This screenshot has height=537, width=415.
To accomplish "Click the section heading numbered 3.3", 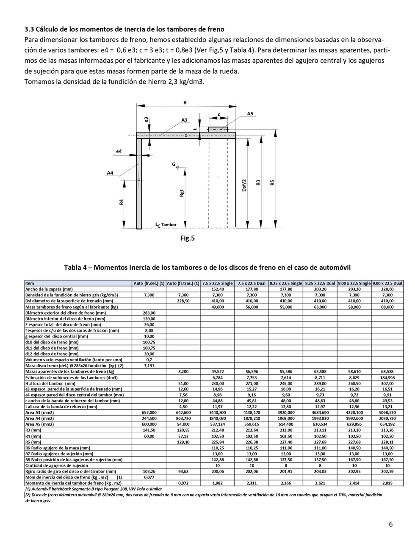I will [x=124, y=29].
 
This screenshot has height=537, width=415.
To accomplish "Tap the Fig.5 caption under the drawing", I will [x=187, y=238].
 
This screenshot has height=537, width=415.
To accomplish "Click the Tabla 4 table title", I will [x=207, y=267].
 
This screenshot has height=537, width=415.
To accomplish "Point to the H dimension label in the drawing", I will [x=185, y=102].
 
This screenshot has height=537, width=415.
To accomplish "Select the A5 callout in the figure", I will [x=250, y=113].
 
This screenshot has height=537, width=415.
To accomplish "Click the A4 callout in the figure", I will [x=110, y=173].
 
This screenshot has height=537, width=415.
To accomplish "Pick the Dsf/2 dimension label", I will [x=244, y=185].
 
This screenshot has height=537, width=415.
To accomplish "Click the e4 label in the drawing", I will [x=119, y=151].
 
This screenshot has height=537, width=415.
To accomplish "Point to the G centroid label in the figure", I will [x=173, y=164].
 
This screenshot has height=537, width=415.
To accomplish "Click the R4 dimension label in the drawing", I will [x=121, y=202].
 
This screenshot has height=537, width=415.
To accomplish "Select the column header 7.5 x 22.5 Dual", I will [x=251, y=283].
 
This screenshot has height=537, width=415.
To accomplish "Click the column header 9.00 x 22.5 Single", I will [x=354, y=283].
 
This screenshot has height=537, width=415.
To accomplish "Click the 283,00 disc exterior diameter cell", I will [x=149, y=313].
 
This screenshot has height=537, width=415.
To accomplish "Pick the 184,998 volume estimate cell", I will [x=387, y=377].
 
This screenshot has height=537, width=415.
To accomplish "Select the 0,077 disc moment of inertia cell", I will [x=149, y=477].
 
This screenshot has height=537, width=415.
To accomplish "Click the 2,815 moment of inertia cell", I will [x=387, y=483].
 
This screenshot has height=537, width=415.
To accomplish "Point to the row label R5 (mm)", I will [x=33, y=442].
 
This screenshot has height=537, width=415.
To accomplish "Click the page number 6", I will [x=390, y=524].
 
